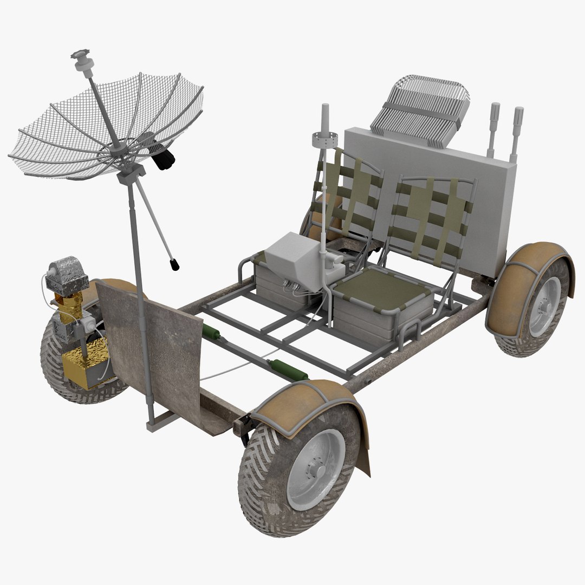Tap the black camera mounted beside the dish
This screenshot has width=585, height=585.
tap(162, 157)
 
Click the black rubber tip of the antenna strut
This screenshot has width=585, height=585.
tap(174, 265)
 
